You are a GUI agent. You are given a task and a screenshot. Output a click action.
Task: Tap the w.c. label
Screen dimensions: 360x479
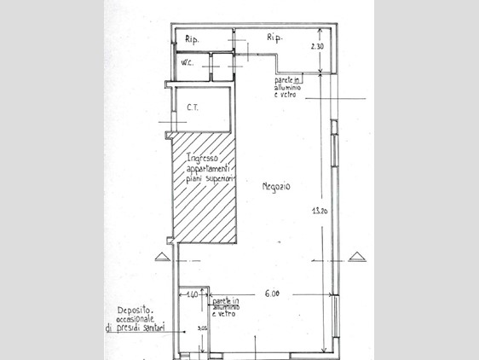click(187, 63)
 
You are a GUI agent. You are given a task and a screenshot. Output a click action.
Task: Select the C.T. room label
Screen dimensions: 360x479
click(193, 108)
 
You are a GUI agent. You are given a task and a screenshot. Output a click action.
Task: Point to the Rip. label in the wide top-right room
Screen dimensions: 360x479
click(274, 38)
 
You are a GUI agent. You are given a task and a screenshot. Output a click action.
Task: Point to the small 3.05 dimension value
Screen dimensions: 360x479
click(201, 326)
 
